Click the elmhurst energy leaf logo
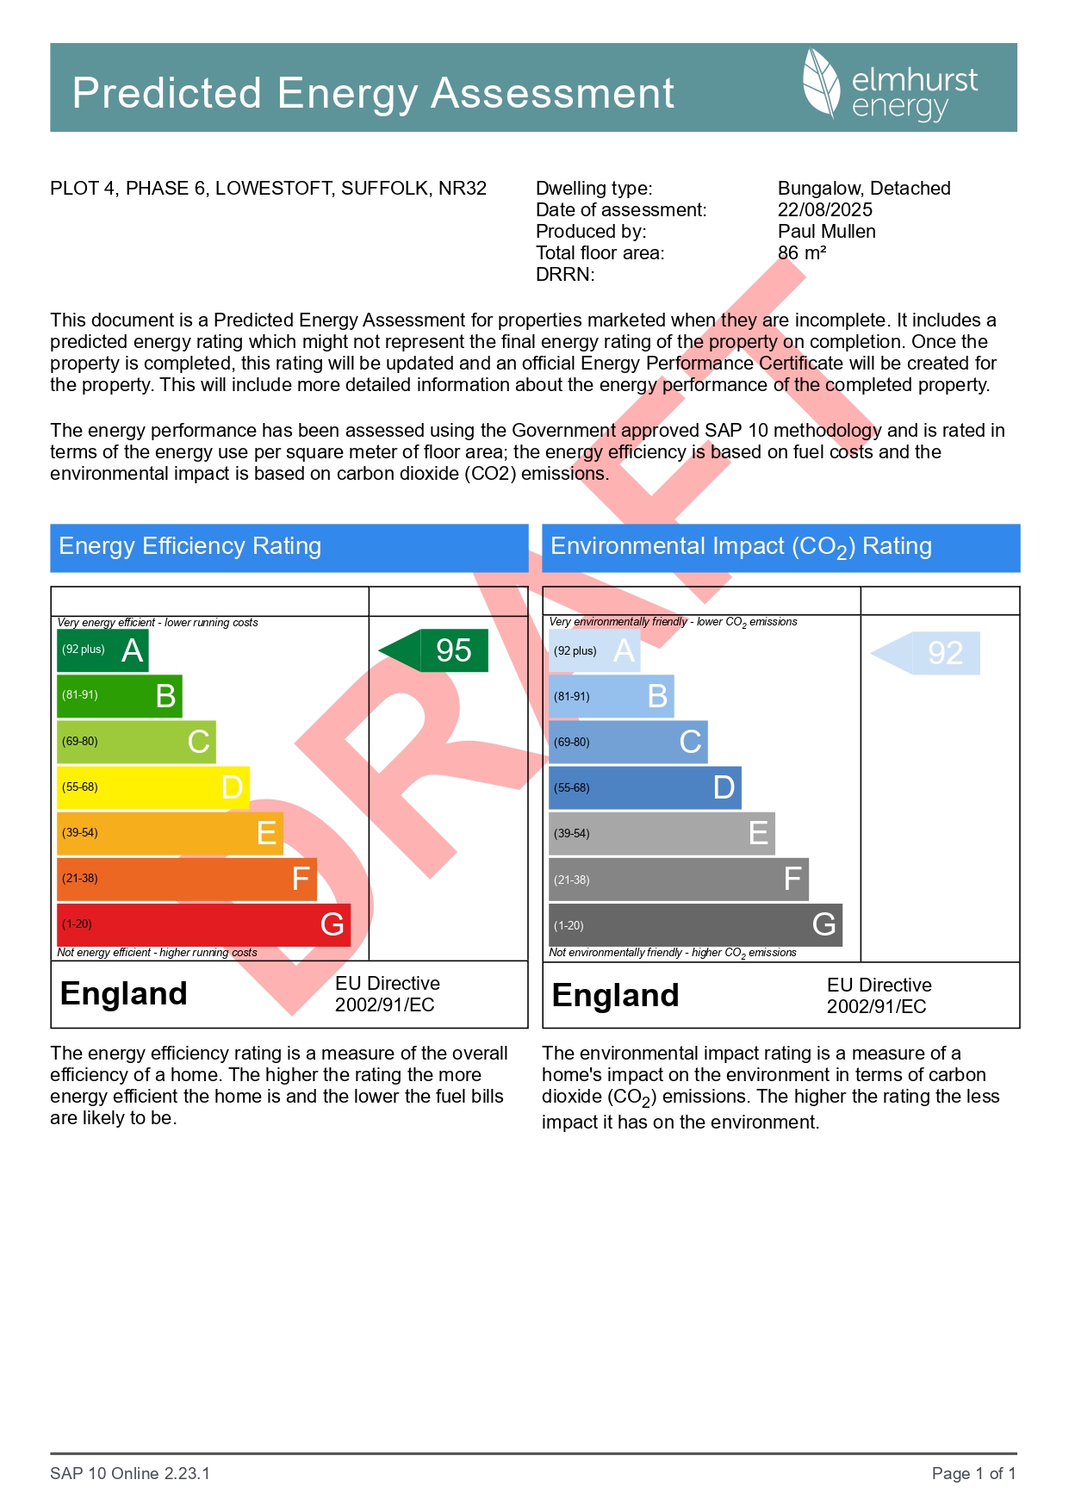click(x=821, y=83)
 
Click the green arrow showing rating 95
click(x=435, y=650)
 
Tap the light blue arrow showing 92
click(x=927, y=653)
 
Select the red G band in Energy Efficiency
click(x=203, y=924)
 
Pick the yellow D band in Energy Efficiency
click(x=153, y=787)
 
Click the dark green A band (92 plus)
click(x=103, y=650)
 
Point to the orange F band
click(x=187, y=879)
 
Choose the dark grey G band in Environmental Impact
click(x=695, y=925)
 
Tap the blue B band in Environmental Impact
click(x=611, y=696)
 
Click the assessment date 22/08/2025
click(x=824, y=210)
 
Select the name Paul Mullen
click(x=826, y=232)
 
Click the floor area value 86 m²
click(x=801, y=253)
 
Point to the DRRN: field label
click(x=565, y=275)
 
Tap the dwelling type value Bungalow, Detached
click(x=863, y=189)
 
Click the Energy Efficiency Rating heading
click(x=190, y=546)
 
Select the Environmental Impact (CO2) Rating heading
click(x=741, y=547)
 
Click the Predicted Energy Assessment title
click(x=373, y=93)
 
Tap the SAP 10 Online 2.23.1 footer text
click(x=130, y=1473)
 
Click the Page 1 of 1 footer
click(x=973, y=1473)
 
